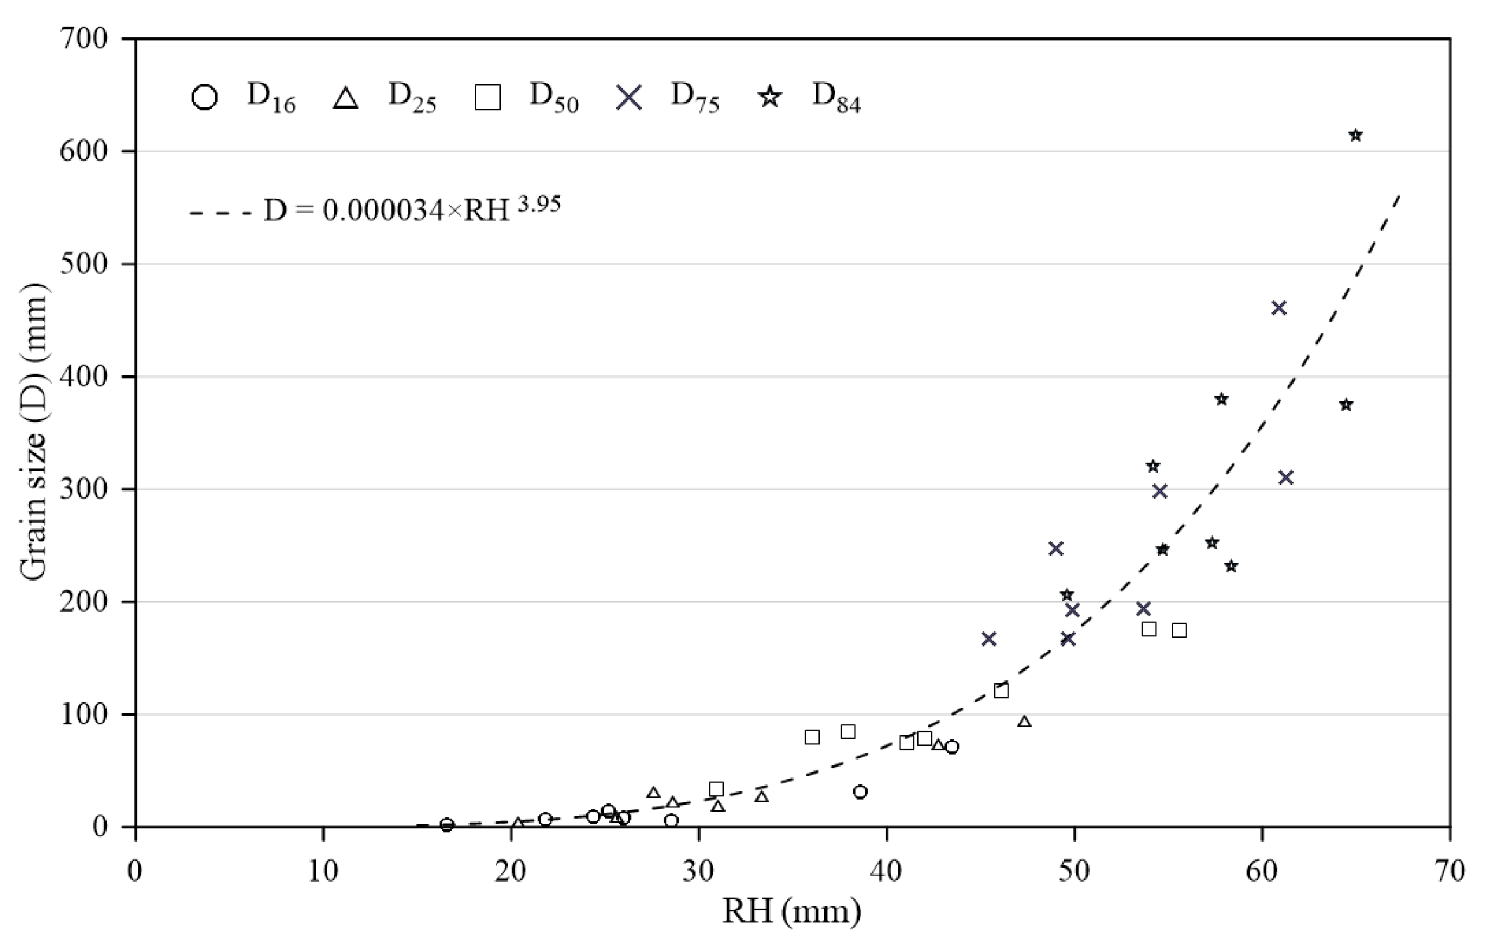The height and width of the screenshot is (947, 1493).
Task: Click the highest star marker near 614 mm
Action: pyautogui.click(x=1356, y=135)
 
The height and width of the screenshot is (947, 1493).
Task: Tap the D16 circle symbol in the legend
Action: pyautogui.click(x=205, y=98)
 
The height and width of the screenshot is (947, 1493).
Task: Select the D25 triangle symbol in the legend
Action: pyautogui.click(x=346, y=98)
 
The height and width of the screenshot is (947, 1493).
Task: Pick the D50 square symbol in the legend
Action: pyautogui.click(x=487, y=98)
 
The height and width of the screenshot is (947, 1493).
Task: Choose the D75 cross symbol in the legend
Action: pyautogui.click(x=629, y=98)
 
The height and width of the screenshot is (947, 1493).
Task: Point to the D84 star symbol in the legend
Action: pyautogui.click(x=771, y=97)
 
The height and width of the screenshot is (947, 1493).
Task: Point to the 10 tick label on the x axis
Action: pyautogui.click(x=323, y=870)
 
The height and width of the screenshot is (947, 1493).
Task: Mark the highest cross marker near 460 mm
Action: pyautogui.click(x=1279, y=308)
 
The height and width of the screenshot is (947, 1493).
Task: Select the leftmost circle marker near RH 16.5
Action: pyautogui.click(x=447, y=824)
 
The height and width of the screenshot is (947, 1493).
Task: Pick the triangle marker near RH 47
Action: pyautogui.click(x=1024, y=722)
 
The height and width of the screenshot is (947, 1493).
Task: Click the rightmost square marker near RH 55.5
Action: pyautogui.click(x=1179, y=631)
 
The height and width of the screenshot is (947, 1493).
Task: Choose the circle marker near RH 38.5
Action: pyautogui.click(x=860, y=792)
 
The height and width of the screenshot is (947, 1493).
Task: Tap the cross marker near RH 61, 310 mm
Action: pyautogui.click(x=1286, y=478)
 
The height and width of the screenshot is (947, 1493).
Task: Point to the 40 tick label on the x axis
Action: pyautogui.click(x=887, y=870)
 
